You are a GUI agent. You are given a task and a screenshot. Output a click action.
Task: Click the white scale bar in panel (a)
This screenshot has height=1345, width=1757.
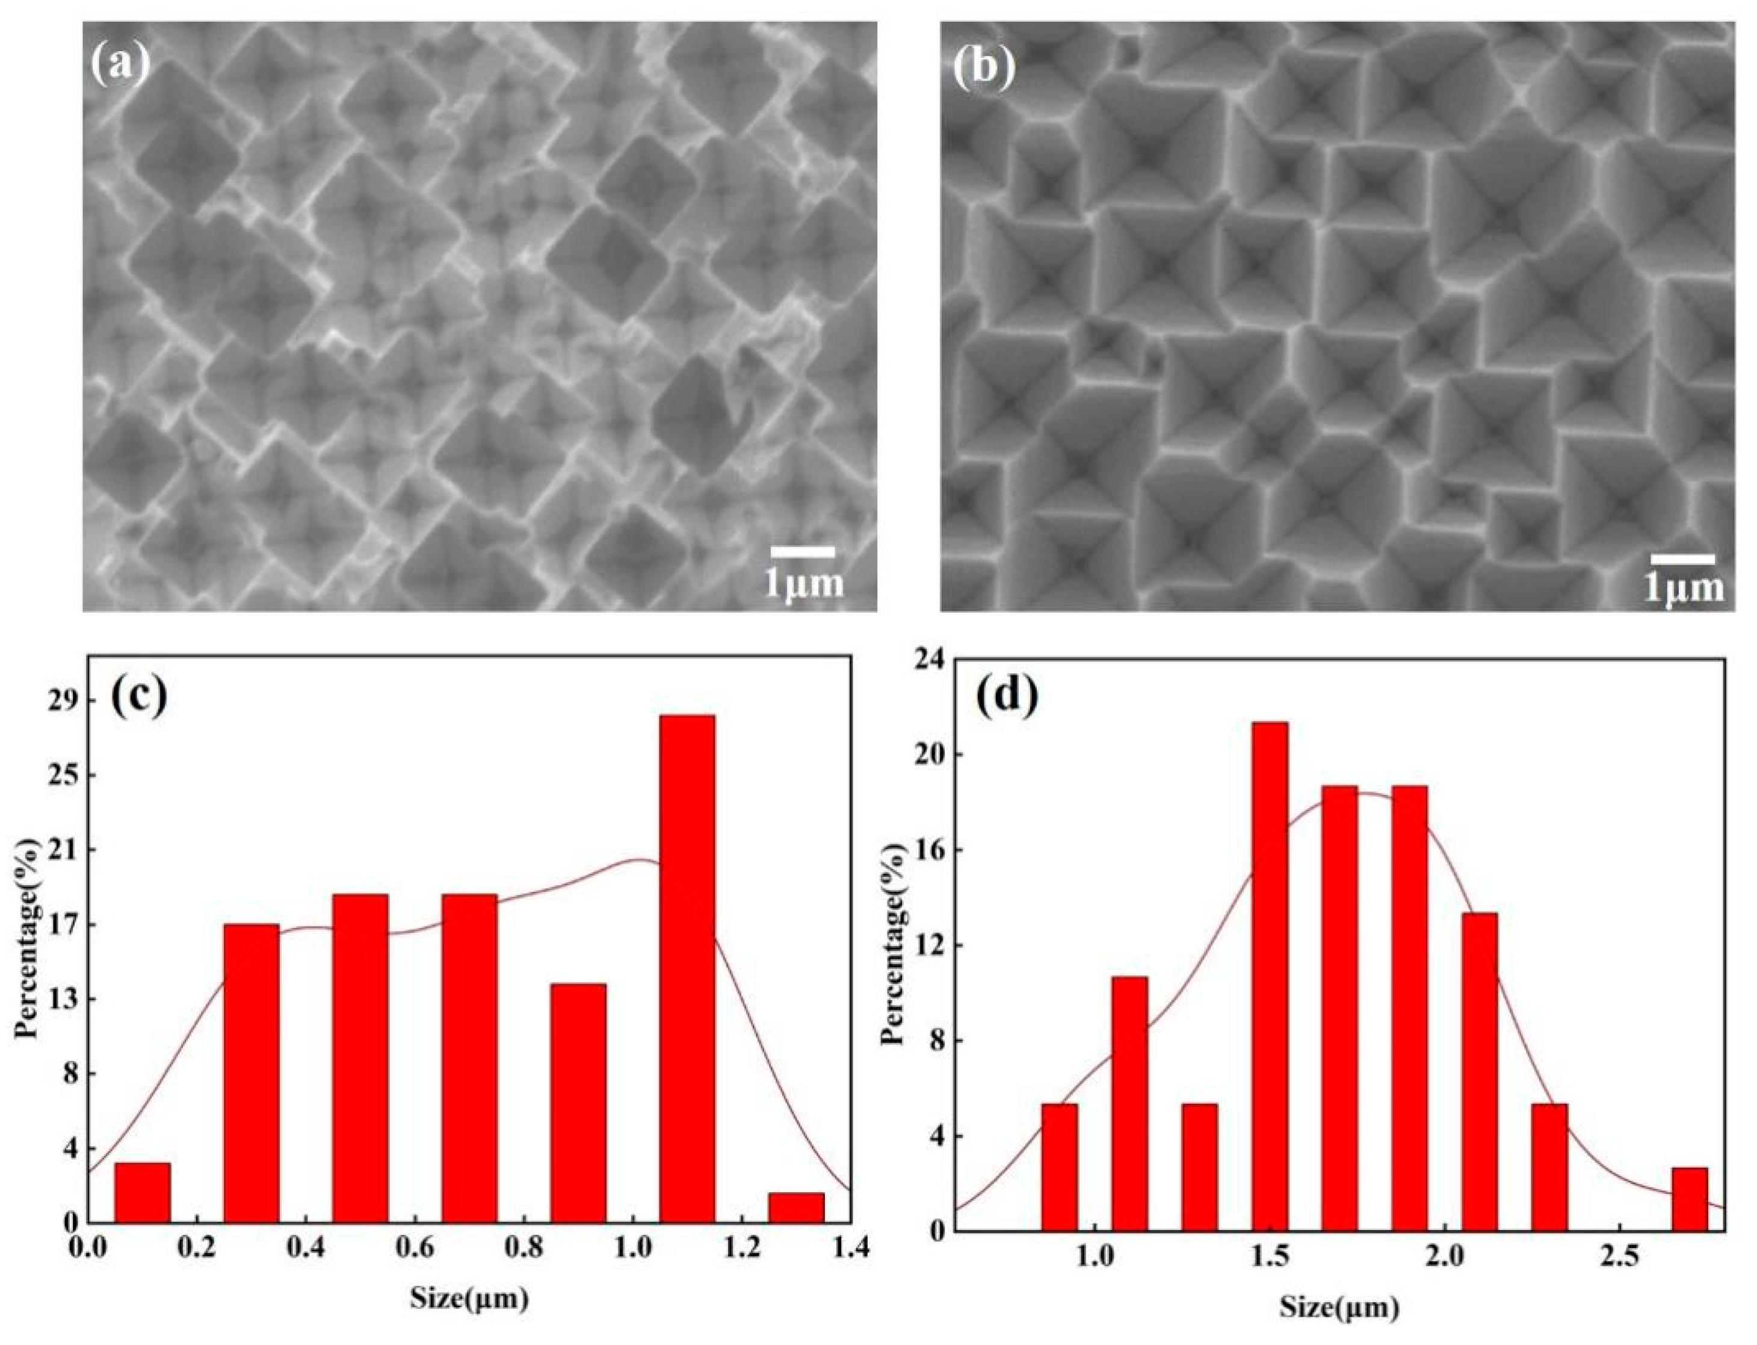click(802, 552)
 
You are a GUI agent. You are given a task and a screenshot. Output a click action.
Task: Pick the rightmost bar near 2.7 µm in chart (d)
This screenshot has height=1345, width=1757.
click(1689, 1199)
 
